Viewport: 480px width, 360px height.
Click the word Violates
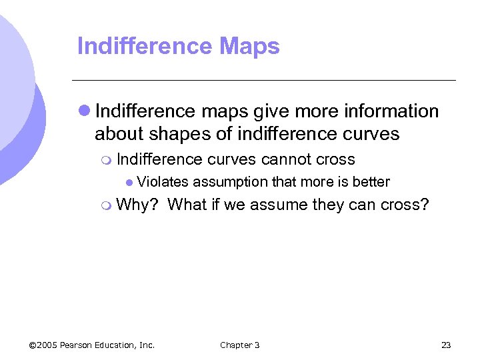click(163, 181)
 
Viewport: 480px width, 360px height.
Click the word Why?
click(137, 205)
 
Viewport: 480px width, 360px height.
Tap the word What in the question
click(189, 205)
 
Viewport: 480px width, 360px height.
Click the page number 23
click(446, 345)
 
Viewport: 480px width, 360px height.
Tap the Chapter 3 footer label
click(240, 345)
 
